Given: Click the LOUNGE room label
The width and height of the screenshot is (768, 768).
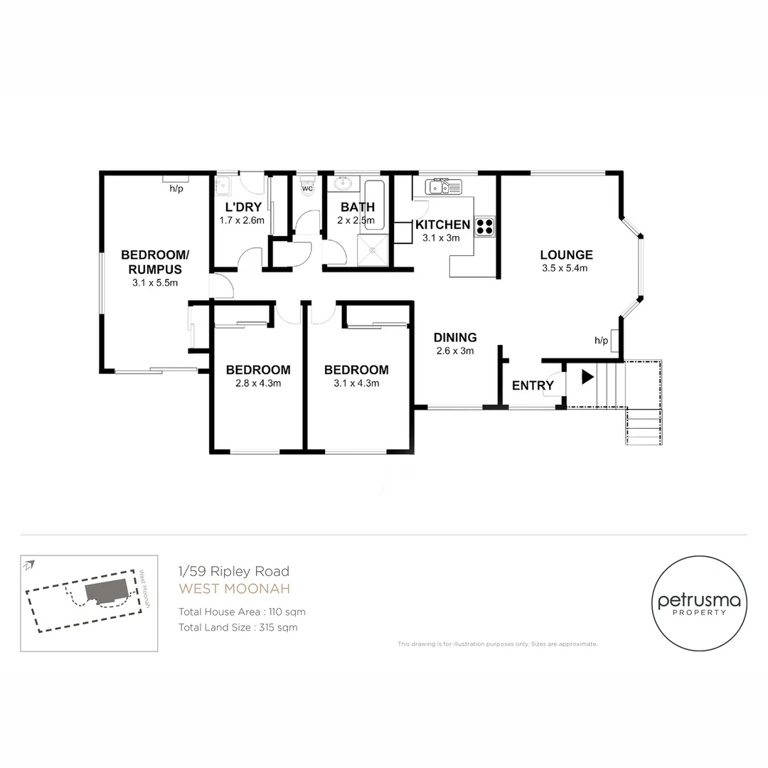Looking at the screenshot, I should pos(566,255).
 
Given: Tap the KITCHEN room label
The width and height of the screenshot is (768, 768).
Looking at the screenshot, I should pos(442,225).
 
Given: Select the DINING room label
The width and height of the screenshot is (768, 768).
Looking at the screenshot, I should pos(455,338).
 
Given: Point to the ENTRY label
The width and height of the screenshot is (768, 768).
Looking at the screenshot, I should pos(533,385).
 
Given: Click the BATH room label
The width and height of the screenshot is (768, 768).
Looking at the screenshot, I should pos(358,208).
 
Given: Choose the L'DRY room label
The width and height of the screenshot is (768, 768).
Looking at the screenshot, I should pos(243,208).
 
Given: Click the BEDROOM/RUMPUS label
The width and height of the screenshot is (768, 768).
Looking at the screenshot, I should pos(154,262).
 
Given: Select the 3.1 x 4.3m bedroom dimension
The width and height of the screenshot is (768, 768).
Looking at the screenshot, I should pos(356,383).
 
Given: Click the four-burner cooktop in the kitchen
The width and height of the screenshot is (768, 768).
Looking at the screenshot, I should pos(485,226).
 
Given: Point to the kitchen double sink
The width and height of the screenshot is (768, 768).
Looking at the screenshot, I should pos(444,187).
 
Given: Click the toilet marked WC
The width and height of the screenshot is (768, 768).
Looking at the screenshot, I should pos(306,187).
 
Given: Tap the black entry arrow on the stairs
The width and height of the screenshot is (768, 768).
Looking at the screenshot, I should pos(587,376).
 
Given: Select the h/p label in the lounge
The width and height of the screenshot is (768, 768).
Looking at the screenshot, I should pos(601,341).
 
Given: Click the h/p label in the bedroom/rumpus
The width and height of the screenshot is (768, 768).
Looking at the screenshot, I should pos(176,189).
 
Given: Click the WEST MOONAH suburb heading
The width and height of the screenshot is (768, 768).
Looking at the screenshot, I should pos(225,588).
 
